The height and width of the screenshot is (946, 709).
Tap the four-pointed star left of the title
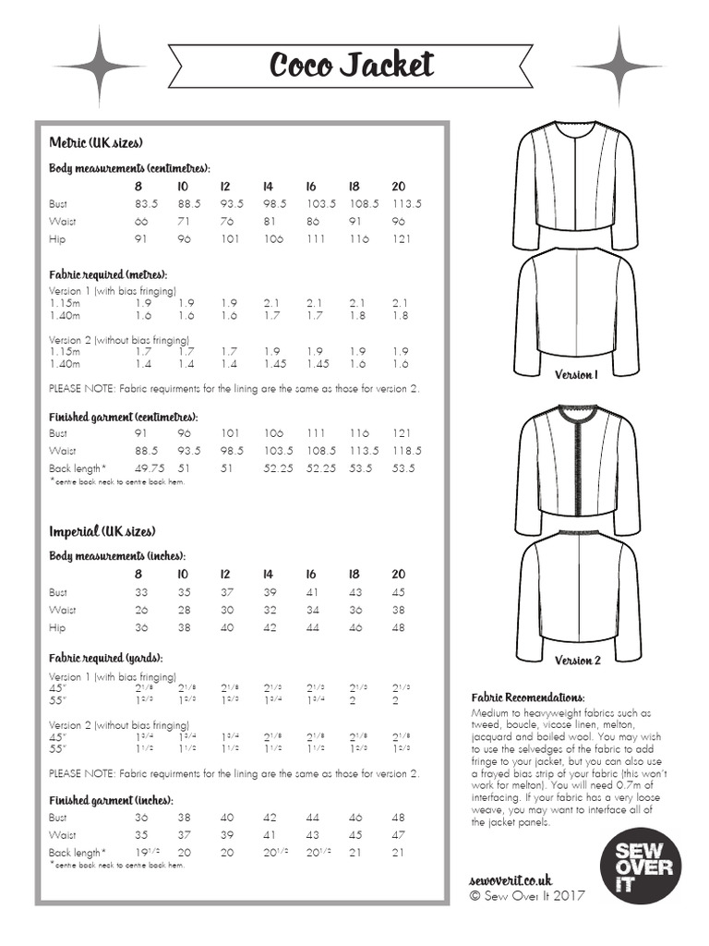coord(98,67)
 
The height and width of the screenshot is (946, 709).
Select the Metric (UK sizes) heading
coord(95,143)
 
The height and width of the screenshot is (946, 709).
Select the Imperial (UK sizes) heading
coord(102,531)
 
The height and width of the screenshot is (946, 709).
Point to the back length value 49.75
coord(150,468)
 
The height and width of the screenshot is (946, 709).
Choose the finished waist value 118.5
coord(405,451)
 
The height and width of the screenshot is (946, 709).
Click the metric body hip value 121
coord(402,239)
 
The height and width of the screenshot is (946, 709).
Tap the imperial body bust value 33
coord(141,592)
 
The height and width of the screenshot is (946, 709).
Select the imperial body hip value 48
coord(398,627)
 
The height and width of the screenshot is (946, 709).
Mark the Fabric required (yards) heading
coord(105,658)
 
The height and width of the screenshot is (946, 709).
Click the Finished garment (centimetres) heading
coord(123,417)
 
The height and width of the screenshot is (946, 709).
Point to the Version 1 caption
coord(576,375)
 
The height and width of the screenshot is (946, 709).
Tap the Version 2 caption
coord(577,661)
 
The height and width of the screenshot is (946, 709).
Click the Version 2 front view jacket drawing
coord(576,467)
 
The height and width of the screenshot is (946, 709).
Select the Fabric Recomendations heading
coord(527,697)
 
